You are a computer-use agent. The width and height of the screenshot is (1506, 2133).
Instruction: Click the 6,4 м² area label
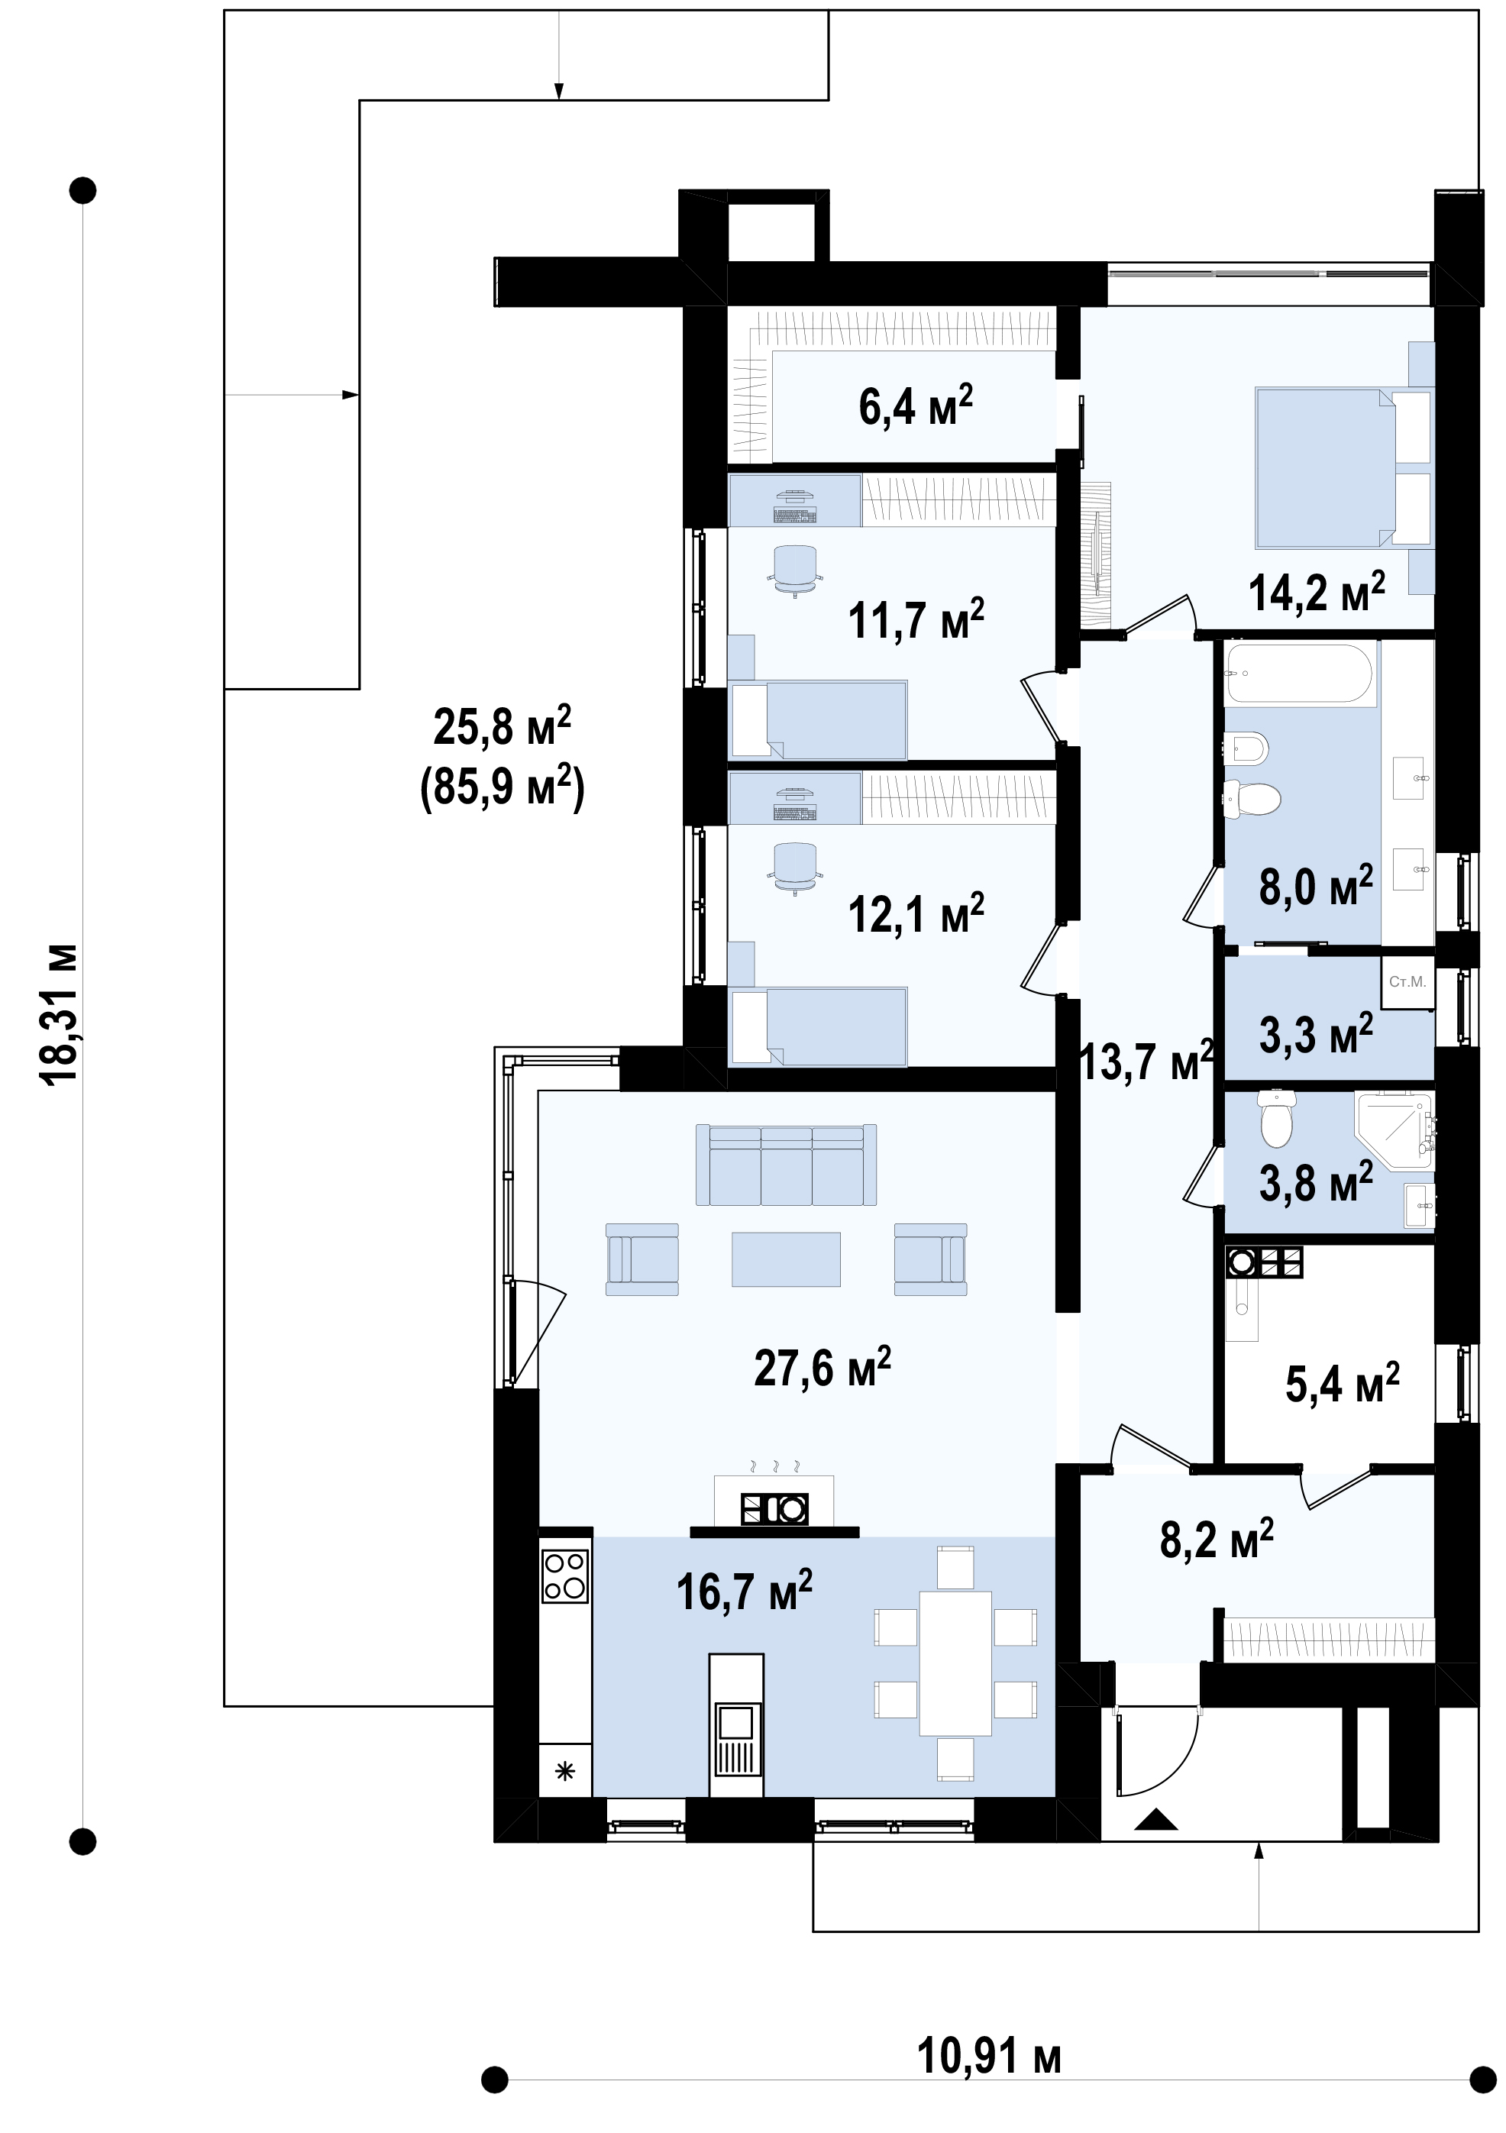[915, 405]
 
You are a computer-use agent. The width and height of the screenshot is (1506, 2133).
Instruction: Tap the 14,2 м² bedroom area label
[1317, 591]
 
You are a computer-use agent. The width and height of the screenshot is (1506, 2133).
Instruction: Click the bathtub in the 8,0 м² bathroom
[1300, 674]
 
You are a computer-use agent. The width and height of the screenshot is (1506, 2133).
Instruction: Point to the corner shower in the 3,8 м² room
[1395, 1130]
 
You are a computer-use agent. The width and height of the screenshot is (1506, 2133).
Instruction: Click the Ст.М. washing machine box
[1407, 982]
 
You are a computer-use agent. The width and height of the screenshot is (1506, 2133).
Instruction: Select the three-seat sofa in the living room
[786, 1165]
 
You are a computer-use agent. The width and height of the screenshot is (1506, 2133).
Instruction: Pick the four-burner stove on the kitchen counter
[565, 1576]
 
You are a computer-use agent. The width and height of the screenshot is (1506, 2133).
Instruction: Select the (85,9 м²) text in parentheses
[503, 788]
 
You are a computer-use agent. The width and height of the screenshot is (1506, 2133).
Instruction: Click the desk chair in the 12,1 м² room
[795, 866]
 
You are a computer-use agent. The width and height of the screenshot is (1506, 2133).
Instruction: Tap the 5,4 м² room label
[1343, 1382]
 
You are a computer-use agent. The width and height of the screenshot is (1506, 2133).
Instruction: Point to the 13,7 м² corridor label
[1147, 1060]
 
